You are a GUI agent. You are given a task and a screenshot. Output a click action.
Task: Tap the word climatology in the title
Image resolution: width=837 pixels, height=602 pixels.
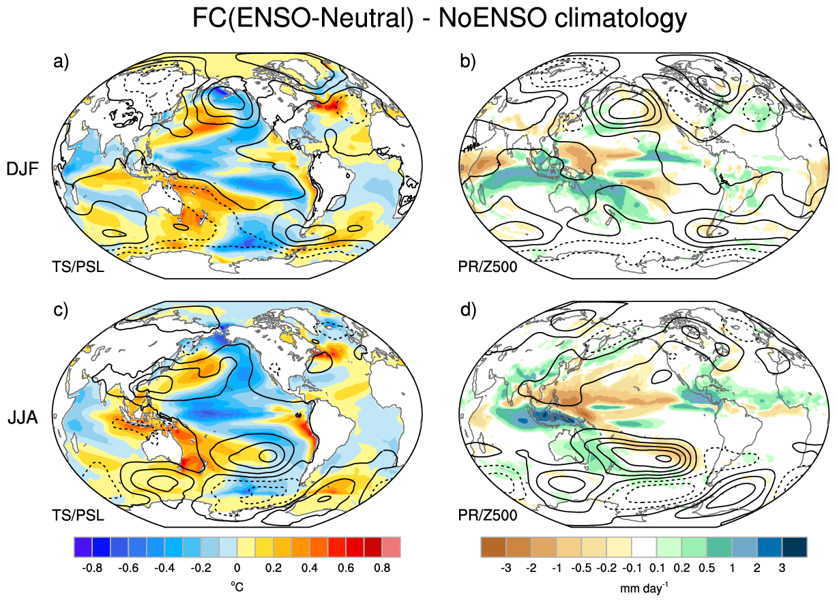point(621,18)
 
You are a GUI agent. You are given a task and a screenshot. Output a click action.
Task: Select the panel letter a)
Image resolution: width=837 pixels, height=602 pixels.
point(61,61)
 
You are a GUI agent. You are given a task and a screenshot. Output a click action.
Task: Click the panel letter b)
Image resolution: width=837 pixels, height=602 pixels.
point(467,61)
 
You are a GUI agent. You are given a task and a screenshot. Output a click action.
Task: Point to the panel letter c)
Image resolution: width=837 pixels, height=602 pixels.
point(61,310)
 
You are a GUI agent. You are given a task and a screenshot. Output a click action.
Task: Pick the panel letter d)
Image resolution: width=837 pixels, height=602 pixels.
point(468,310)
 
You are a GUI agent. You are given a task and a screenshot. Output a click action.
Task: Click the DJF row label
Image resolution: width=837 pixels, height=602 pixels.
point(23,169)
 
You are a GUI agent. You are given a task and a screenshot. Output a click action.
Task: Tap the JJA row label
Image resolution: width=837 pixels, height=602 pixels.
point(23,417)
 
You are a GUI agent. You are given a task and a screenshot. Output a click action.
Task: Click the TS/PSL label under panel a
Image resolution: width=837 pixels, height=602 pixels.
point(78,267)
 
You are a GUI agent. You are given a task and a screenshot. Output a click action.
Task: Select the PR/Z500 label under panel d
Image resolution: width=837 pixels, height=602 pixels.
point(488,515)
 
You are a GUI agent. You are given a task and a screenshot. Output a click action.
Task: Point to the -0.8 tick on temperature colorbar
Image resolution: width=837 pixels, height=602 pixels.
point(92,568)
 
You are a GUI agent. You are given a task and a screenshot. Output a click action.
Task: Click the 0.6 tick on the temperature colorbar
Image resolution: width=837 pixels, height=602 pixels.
point(346,568)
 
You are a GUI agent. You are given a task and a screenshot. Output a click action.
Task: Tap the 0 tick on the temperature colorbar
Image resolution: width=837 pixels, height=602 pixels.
point(237,568)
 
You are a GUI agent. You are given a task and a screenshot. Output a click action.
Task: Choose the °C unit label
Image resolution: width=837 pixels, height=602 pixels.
point(237,587)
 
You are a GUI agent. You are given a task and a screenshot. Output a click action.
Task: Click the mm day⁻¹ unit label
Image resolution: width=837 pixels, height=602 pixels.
point(644,588)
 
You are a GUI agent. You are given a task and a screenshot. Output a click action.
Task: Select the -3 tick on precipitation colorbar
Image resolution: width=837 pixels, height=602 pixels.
point(506,568)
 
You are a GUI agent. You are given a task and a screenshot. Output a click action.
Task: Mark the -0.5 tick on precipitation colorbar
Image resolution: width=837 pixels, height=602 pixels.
point(581,568)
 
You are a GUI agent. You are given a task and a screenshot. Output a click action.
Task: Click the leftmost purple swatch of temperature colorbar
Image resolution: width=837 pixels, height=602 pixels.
point(83,547)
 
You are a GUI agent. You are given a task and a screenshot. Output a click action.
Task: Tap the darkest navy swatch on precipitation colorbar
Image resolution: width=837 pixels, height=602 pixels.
point(795,547)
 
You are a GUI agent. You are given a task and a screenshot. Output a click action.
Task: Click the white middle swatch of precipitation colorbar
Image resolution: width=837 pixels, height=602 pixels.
point(644,547)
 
